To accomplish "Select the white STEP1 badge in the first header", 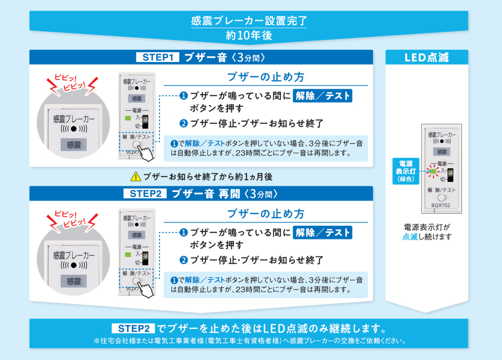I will pos(157,58).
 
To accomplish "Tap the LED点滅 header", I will pos(426,58).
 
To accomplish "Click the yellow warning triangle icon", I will pos(135,177).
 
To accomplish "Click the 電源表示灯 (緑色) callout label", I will pos(406,170).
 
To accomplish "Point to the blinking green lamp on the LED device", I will pos(433,170).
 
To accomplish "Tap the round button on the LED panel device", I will pos(442,197).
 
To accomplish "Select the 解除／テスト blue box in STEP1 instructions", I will pos(323,96).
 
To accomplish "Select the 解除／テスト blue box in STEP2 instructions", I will pos(323,232).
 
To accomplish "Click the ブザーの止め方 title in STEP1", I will pos(266,77).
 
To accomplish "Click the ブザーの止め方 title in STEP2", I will pos(266,213).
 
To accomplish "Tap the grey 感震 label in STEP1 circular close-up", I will pos(74,145).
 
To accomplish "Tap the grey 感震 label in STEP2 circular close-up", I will pos(74,281).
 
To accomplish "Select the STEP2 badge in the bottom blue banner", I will pos(133,329).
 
